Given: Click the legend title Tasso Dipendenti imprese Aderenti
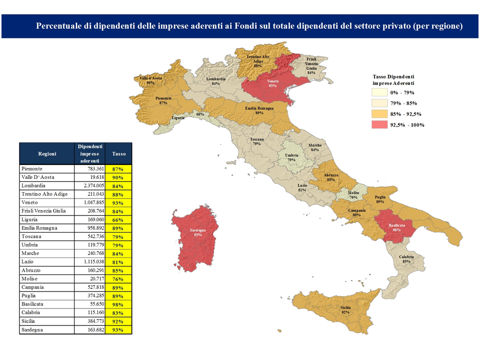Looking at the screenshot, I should point(393,79).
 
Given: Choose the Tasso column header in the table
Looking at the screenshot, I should point(119,154).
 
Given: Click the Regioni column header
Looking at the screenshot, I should point(47,154).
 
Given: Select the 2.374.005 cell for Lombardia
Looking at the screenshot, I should point(90,185).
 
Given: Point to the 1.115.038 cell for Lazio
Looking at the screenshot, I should point(90,262).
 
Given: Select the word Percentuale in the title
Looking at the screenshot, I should point(60,26).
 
